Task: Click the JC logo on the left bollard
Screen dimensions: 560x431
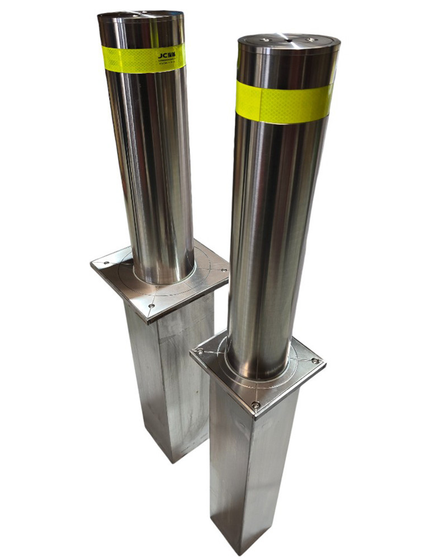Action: (168, 55)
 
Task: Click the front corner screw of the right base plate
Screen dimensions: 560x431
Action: (255, 404)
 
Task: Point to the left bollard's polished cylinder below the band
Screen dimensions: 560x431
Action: (154, 168)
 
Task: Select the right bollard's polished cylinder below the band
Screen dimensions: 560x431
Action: (274, 235)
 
